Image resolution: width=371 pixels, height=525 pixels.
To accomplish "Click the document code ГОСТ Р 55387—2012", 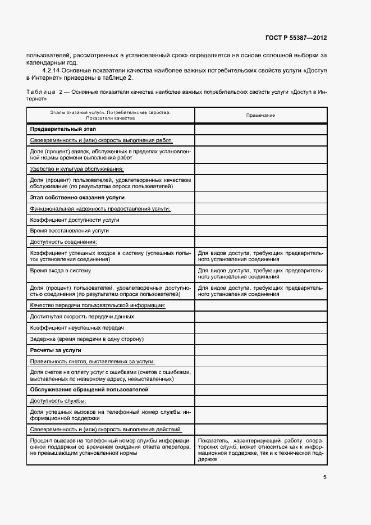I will (296, 38).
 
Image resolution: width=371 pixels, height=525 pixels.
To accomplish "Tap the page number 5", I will (324, 477).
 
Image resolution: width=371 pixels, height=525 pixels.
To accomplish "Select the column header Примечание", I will (260, 115).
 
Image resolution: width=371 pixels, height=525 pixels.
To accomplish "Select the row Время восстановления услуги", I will (70, 231).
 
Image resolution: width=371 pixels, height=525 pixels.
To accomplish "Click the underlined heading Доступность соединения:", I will (63, 242).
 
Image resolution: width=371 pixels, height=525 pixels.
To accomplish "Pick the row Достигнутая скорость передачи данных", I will (82, 317).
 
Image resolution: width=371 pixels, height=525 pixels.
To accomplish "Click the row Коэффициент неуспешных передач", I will (76, 327).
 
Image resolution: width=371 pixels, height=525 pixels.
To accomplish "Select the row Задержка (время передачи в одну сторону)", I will (87, 339).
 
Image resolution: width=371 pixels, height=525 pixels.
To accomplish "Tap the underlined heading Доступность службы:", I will (58, 400).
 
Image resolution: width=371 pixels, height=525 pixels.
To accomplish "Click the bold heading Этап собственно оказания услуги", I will (77, 198).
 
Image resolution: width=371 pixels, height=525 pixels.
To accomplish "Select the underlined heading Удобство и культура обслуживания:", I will (76, 168).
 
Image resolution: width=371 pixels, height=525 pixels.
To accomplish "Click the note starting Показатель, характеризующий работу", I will (260, 450).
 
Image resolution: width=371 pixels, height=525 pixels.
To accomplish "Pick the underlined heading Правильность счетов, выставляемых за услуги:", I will (92, 361).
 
